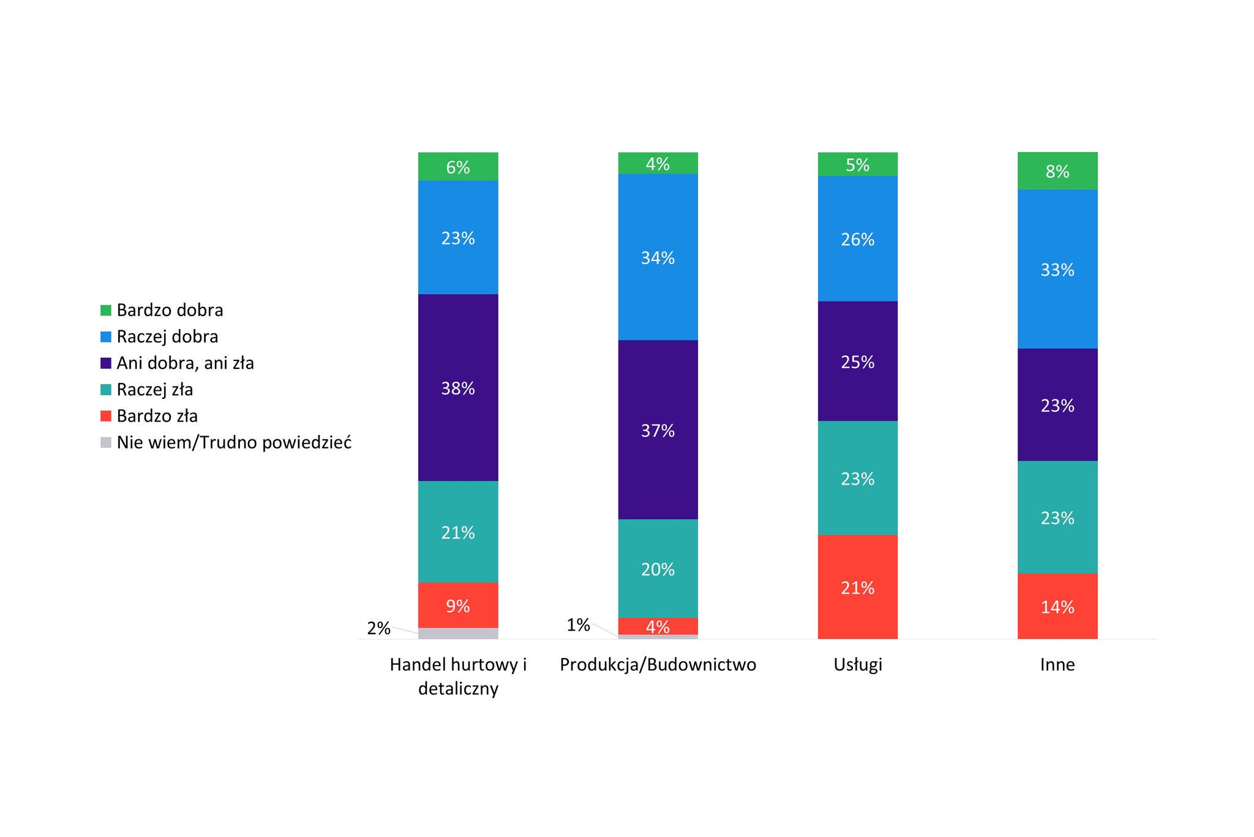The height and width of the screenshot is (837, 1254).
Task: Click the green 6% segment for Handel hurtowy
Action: click(458, 166)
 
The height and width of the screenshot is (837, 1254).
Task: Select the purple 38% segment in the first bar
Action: click(458, 387)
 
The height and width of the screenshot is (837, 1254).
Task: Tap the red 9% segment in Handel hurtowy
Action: click(458, 605)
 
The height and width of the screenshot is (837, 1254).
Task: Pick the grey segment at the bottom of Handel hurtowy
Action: click(458, 634)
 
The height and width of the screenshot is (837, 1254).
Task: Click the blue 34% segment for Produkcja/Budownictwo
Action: click(658, 257)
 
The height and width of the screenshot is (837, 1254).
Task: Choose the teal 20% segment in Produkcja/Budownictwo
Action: click(658, 568)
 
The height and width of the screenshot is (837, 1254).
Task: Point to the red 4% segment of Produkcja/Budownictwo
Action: click(658, 626)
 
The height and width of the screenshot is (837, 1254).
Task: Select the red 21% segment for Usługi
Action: click(857, 587)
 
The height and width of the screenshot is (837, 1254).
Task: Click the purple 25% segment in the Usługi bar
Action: click(857, 361)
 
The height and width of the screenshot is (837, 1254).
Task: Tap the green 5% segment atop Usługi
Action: click(857, 164)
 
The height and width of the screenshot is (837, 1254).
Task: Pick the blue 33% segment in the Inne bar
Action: click(1057, 269)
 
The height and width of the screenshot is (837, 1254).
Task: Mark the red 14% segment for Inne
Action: click(1057, 606)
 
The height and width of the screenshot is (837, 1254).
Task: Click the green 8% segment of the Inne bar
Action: click(1057, 171)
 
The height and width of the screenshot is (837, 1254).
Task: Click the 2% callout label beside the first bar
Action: click(378, 628)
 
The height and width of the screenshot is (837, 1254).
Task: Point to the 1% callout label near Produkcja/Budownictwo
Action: click(578, 625)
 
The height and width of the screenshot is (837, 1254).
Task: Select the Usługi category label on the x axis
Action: click(857, 665)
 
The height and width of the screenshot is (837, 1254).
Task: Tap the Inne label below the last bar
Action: click(1057, 665)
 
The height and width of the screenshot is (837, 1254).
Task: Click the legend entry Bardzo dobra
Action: click(170, 310)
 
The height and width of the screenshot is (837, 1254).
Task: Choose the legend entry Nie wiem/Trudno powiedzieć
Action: click(233, 442)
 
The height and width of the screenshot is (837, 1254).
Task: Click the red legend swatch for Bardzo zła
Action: click(106, 416)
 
